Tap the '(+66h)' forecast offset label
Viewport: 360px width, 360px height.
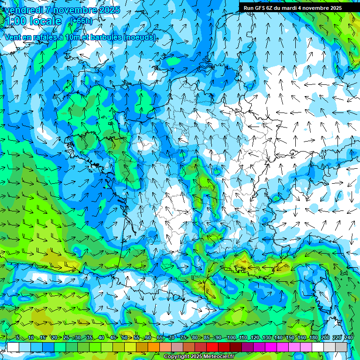[x=81, y=21]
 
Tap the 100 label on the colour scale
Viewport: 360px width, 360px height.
[x=231, y=337]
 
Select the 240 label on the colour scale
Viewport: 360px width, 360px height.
[x=348, y=337]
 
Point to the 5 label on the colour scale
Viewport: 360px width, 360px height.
[x=18, y=337]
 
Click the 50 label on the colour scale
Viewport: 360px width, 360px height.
[x=124, y=337]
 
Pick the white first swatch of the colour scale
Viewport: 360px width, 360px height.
[x=13, y=347]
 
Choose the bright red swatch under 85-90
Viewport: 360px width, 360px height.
[x=212, y=347]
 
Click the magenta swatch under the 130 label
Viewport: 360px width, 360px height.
[x=271, y=347]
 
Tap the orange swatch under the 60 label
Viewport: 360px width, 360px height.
[x=142, y=347]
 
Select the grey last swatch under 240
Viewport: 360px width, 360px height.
[x=341, y=347]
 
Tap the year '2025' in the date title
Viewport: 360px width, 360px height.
[x=109, y=10]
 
